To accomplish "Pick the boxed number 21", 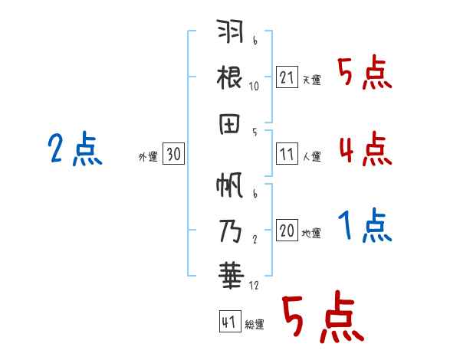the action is pos(287,77).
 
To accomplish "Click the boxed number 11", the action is pos(287,153).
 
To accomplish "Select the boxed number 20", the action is pos(287,231).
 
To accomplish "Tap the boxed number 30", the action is pos(173,154).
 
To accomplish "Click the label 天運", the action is pos(311,80).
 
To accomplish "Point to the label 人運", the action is pos(311,156).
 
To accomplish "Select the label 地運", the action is pos(311,233).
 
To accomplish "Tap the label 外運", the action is pos(148,156).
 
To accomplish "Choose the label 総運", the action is pos(255,324).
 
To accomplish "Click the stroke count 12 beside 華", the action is pos(254,286).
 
